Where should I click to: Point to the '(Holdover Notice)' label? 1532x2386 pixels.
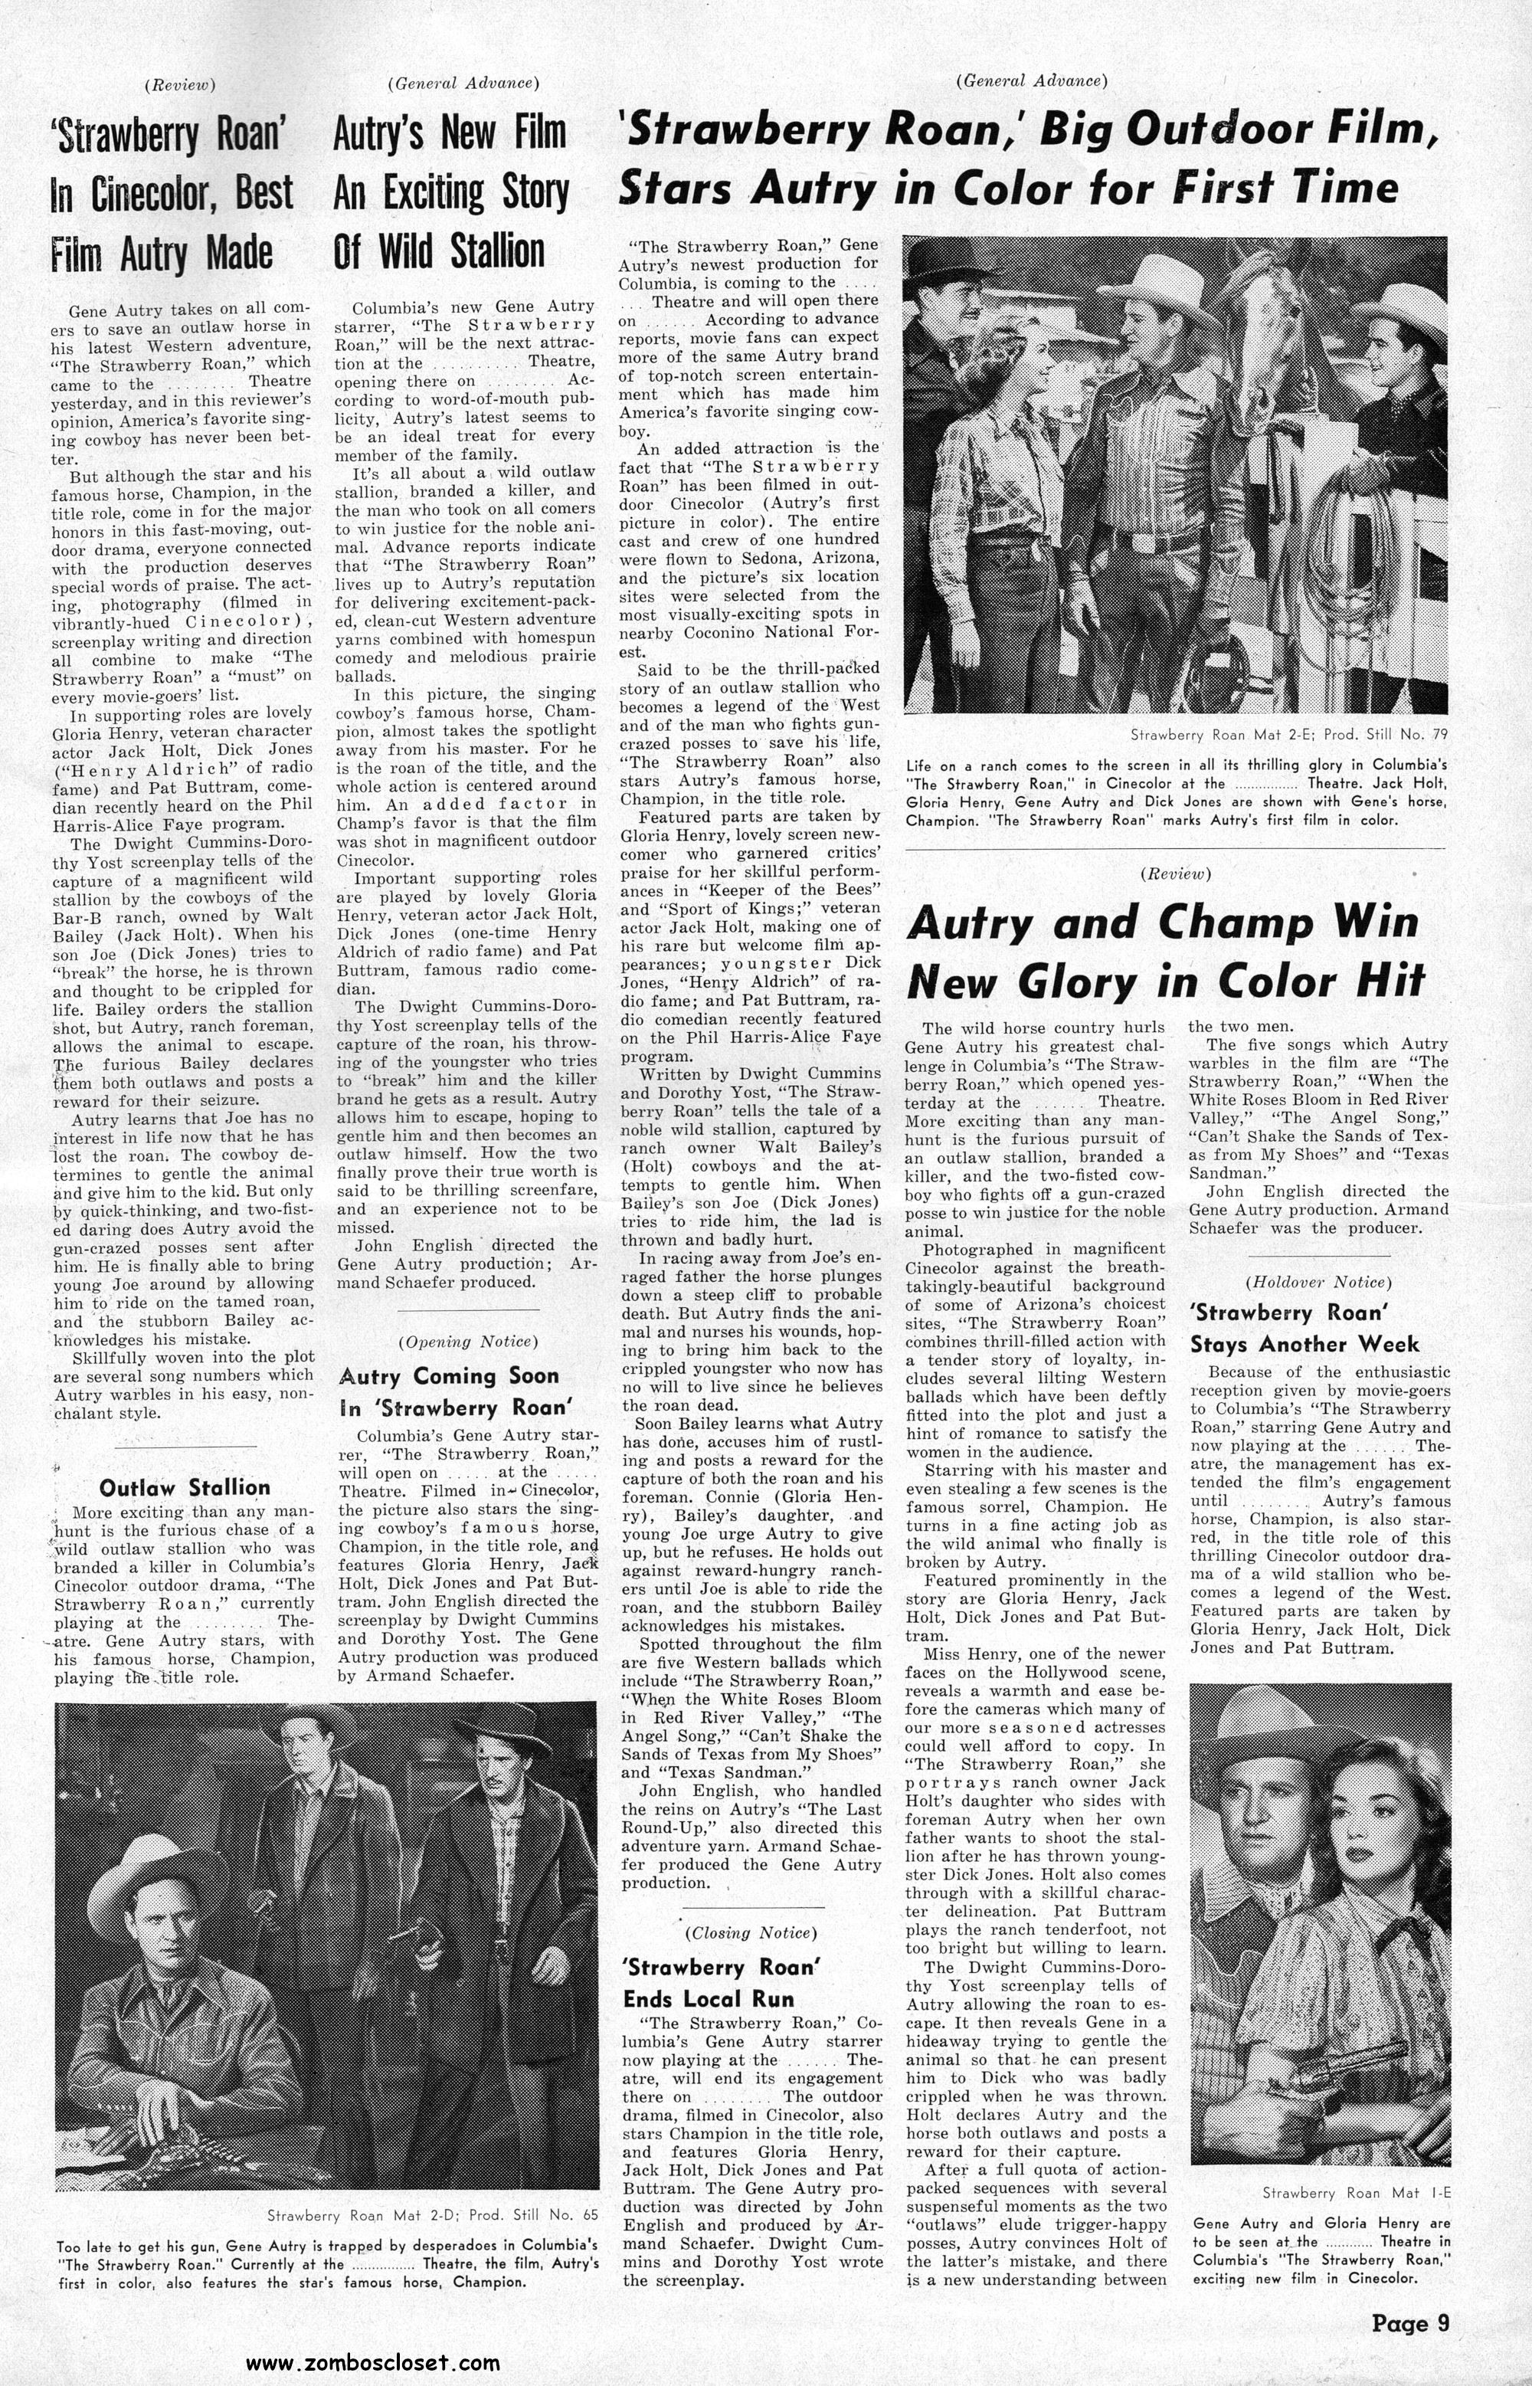tap(1318, 1283)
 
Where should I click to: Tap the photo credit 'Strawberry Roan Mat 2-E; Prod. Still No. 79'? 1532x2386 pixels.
tap(1288, 734)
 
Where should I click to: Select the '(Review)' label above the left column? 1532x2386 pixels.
tap(180, 84)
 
